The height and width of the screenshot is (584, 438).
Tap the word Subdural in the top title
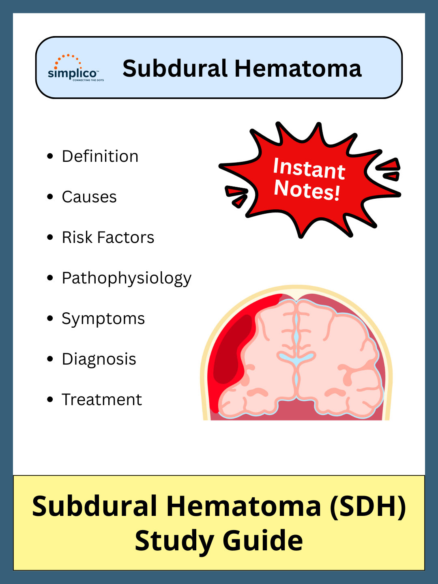tap(175, 69)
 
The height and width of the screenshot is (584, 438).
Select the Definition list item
tap(100, 157)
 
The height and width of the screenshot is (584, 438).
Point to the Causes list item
tap(89, 197)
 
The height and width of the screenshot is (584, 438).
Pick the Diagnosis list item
tap(99, 359)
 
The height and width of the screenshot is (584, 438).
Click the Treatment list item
tap(102, 400)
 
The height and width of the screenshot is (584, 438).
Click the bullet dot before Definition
tap(50, 157)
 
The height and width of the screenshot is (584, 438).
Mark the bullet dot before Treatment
tap(50, 400)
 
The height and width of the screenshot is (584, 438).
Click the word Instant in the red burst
tap(309, 169)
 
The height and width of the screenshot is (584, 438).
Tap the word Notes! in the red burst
tap(307, 189)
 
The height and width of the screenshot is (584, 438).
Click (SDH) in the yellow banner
tap(367, 507)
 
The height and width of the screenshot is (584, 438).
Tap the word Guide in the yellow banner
tap(262, 541)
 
